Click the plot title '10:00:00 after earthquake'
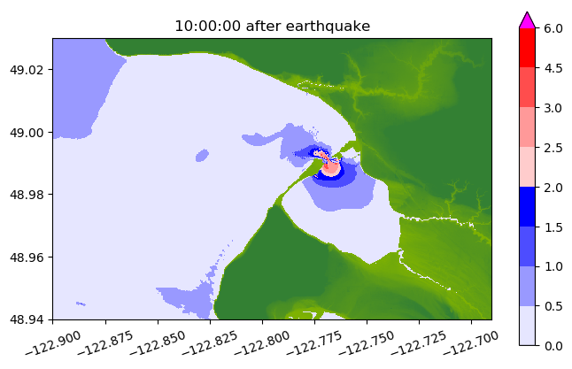tap(272, 27)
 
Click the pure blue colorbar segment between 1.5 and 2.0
tap(527, 206)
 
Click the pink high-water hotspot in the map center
tap(331, 166)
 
